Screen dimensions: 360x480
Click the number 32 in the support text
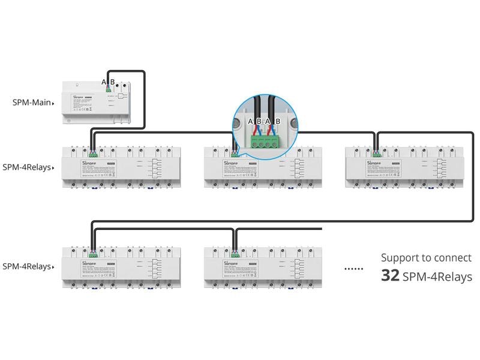[x=391, y=276]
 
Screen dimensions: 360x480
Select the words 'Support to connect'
[x=426, y=258]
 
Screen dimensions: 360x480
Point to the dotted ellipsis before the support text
[x=354, y=268]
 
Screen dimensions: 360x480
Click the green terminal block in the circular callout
[x=265, y=143]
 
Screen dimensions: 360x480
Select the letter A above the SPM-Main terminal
[x=103, y=82]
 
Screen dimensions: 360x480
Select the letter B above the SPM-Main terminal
[x=112, y=82]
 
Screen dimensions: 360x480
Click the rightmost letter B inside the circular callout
[x=278, y=122]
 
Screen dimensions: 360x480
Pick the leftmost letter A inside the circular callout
[x=251, y=122]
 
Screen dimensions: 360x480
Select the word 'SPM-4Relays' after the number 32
[x=437, y=277]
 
